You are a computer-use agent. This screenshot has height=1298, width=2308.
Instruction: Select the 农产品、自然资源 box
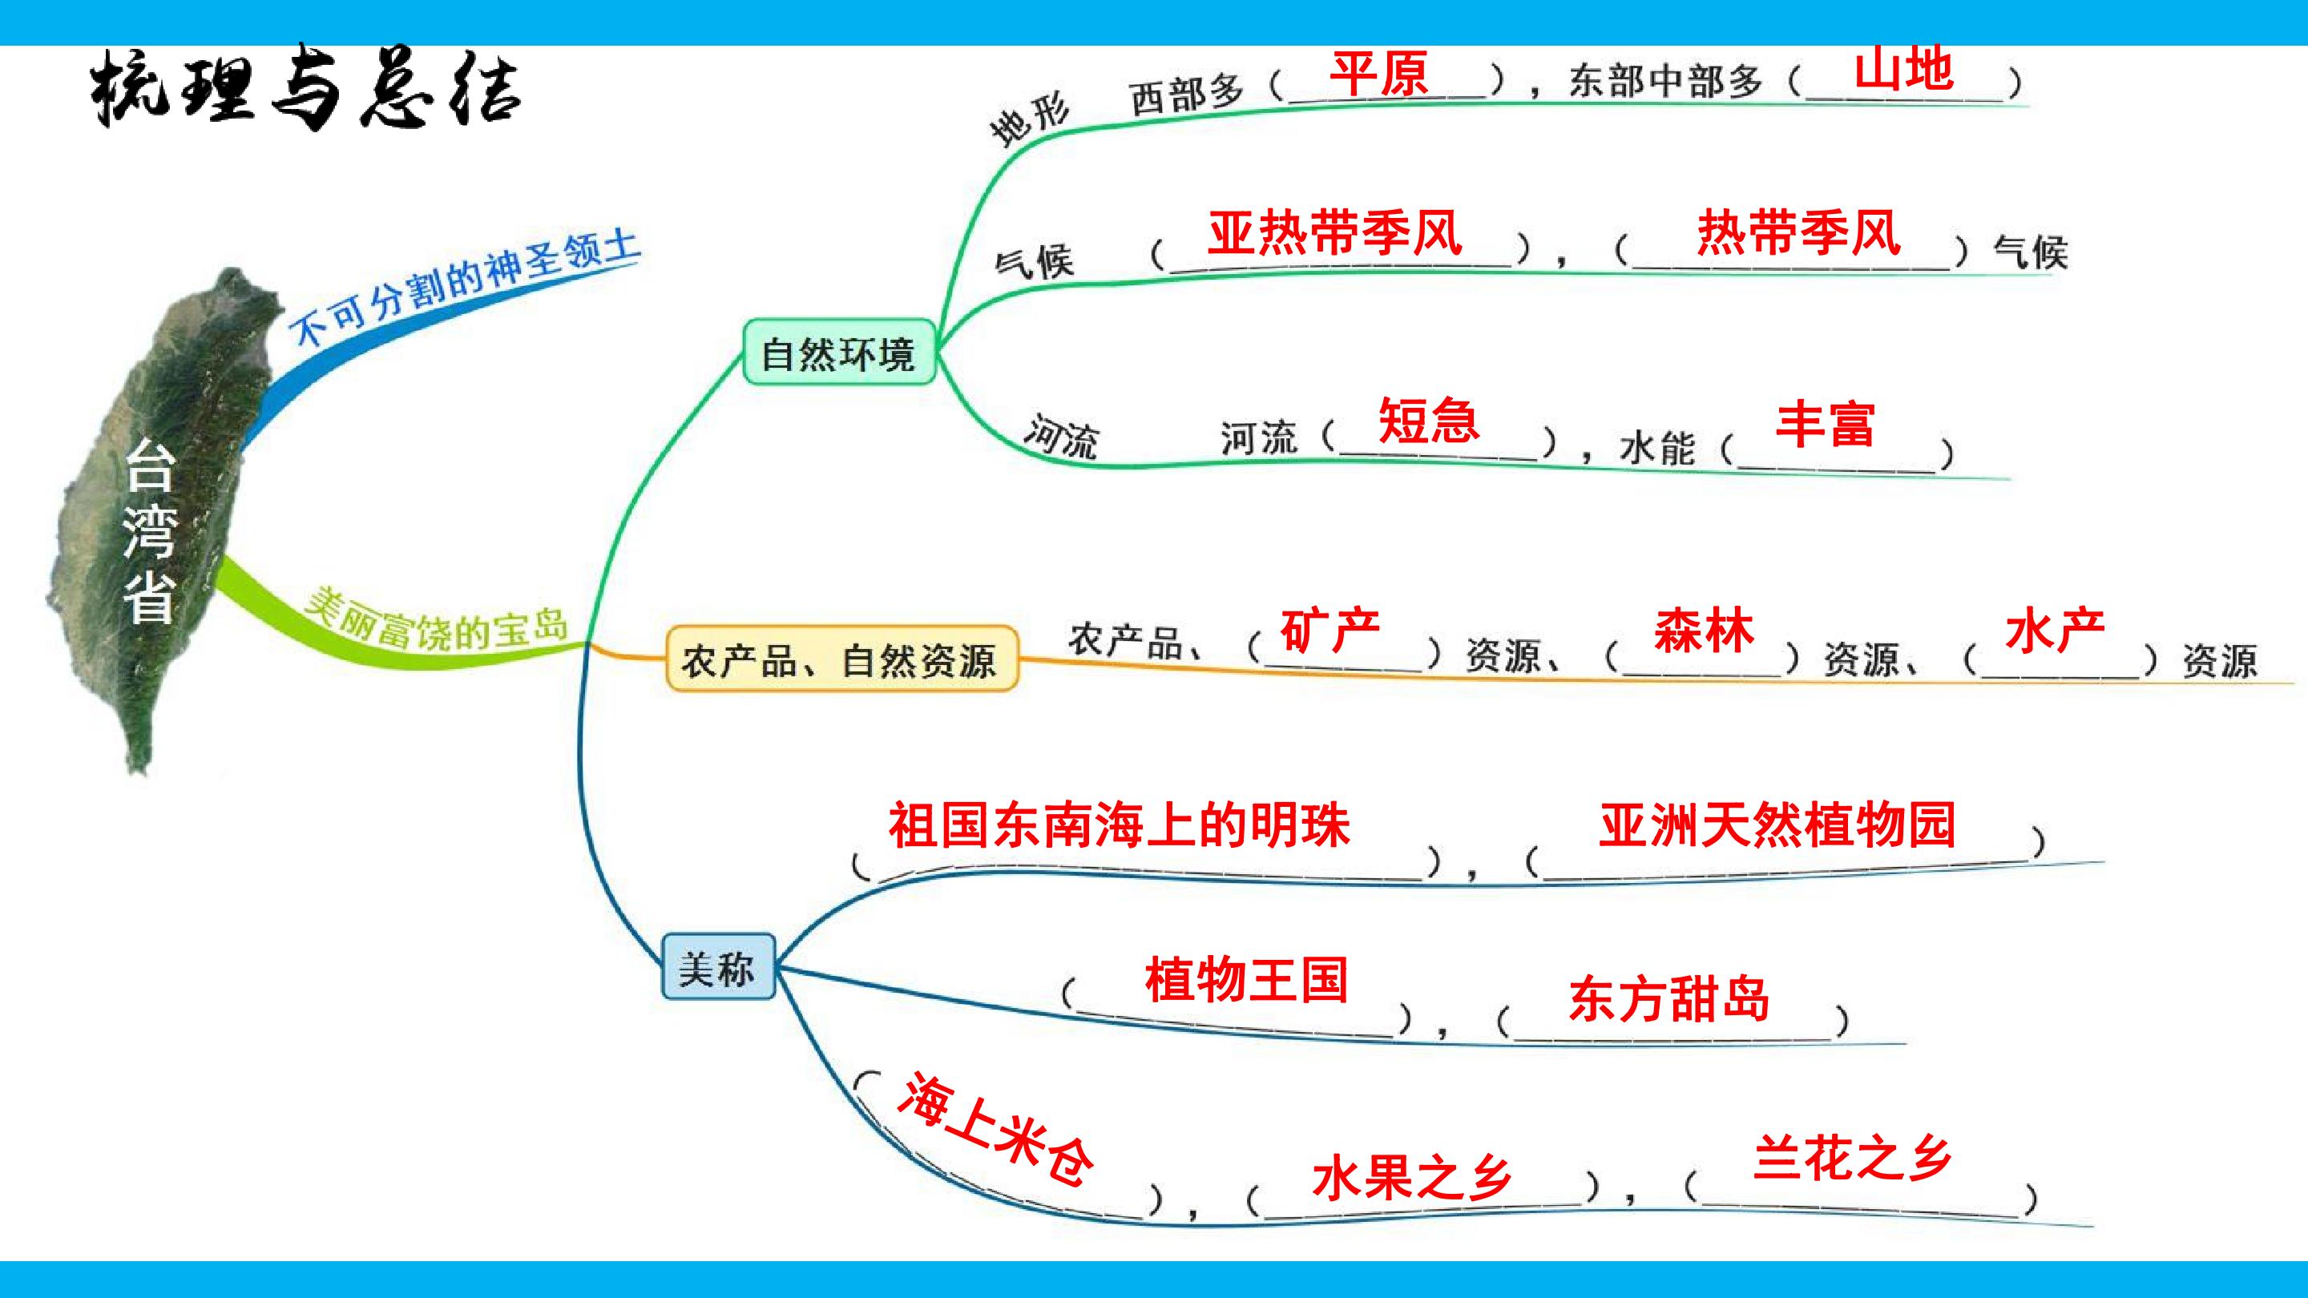tap(841, 659)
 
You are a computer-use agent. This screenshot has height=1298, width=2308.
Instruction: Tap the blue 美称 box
tap(718, 966)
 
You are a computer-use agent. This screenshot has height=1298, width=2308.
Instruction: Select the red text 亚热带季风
tap(1335, 233)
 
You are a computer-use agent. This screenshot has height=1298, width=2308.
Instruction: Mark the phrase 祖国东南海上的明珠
tap(1119, 824)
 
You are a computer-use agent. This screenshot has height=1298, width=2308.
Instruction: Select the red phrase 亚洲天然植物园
tap(1777, 824)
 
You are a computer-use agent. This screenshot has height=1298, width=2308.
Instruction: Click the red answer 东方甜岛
tap(1669, 999)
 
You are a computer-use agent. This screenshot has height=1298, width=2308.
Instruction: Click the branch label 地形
tap(1031, 120)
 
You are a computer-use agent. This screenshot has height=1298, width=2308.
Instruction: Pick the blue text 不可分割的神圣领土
tap(465, 288)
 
